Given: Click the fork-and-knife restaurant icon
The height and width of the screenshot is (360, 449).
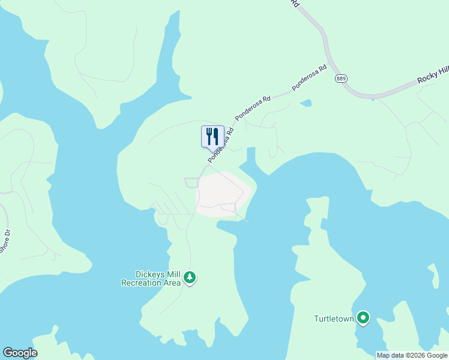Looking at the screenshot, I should click(x=212, y=137).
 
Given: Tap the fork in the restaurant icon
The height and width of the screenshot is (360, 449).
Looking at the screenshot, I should click(x=209, y=136).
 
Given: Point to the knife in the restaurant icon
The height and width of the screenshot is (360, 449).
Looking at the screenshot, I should click(x=216, y=136).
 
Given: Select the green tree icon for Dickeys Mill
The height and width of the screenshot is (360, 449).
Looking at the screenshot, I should click(x=190, y=278).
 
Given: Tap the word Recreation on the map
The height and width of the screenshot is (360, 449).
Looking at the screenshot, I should click(x=142, y=283).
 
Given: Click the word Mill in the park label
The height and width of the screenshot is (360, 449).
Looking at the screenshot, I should click(x=173, y=274).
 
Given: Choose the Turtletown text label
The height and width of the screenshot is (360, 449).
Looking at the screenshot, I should click(x=334, y=319).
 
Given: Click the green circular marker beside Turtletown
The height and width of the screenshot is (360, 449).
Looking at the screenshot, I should click(x=363, y=317).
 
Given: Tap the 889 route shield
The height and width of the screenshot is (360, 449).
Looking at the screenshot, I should click(x=342, y=79).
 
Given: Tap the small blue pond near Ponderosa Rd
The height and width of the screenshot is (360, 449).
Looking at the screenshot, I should click(x=306, y=103).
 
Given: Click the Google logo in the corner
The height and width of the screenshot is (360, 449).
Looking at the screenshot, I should click(x=20, y=353).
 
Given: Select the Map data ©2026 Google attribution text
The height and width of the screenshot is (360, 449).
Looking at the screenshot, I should click(x=412, y=355).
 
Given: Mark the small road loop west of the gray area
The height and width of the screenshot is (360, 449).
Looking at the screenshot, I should click(x=191, y=182).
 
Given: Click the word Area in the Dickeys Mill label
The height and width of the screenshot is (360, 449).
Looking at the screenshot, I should click(x=172, y=283).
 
